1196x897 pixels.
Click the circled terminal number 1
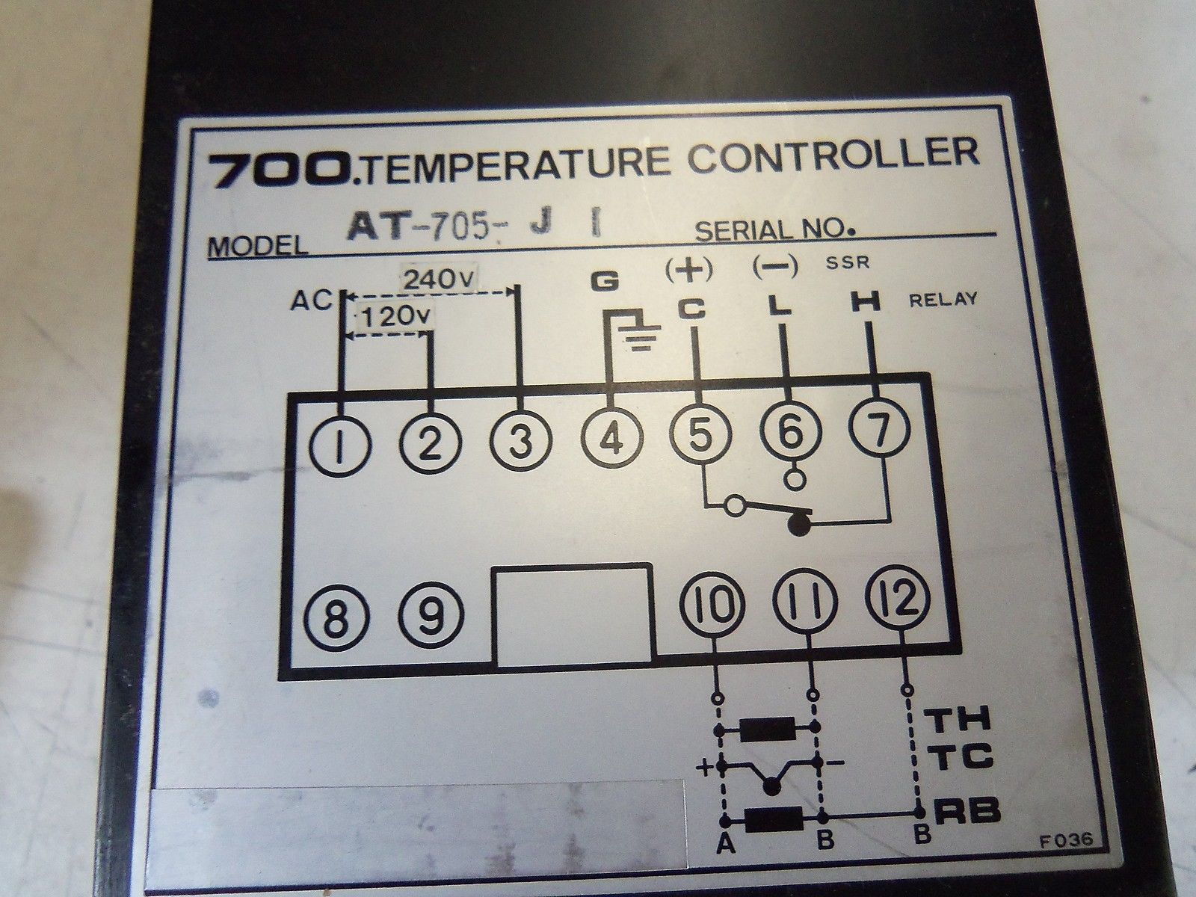point(340,448)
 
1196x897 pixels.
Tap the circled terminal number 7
point(879,428)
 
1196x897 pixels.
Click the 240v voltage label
point(440,280)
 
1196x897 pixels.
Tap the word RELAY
point(943,300)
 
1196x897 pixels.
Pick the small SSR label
point(848,263)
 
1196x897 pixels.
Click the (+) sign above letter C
point(689,270)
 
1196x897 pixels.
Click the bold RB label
point(968,812)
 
